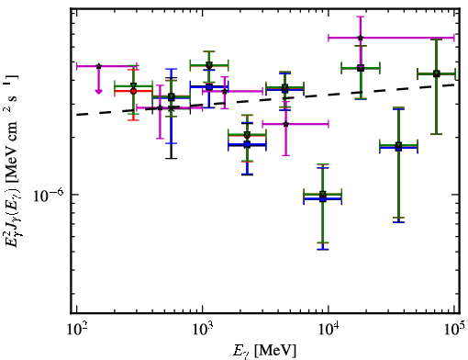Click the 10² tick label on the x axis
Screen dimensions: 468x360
76,329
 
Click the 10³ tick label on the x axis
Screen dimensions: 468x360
202,329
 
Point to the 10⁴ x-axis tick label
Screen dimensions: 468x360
329,329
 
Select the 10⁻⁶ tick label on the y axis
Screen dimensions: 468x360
49,195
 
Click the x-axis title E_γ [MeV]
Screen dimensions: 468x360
264,351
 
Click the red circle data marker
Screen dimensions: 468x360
133,91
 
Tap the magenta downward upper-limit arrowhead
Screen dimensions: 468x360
98,91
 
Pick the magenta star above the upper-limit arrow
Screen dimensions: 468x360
98,66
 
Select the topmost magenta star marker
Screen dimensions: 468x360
361,38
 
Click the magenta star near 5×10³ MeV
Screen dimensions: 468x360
286,124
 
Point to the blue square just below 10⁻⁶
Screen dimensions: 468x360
323,198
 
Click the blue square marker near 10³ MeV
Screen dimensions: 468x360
209,87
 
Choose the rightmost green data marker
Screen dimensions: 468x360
437,73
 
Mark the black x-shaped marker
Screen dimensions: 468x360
172,108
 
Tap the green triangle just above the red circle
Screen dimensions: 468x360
133,85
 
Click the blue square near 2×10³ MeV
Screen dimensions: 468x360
247,144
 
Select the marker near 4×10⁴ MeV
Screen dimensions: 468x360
398,146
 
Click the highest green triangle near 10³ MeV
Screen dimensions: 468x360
209,65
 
